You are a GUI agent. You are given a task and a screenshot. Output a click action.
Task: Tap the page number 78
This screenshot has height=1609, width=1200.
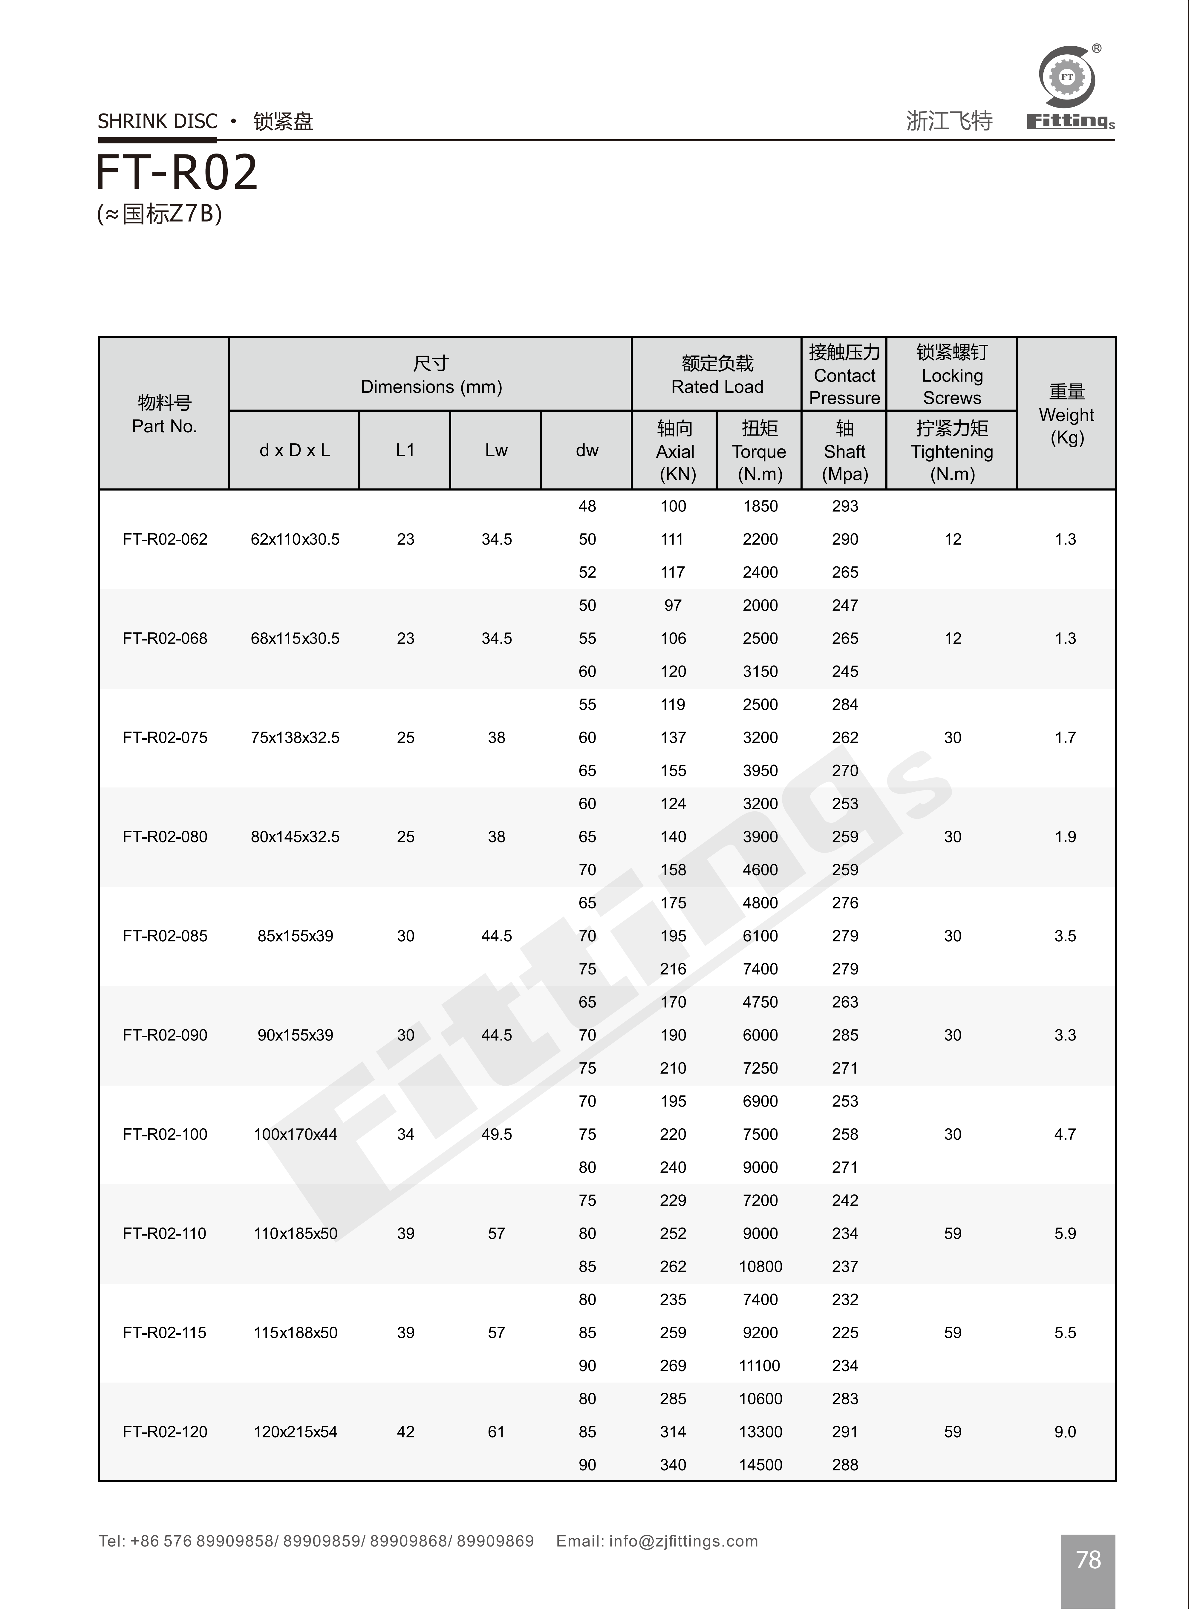[1087, 1559]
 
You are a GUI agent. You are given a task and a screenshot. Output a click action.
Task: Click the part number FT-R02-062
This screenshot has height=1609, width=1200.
[165, 540]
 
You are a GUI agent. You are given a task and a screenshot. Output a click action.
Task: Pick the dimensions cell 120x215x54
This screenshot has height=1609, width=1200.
[295, 1432]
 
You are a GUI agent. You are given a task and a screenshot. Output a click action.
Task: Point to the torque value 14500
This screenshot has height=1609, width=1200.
[760, 1464]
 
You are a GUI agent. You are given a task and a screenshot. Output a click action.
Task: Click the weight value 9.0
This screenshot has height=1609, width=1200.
[1065, 1432]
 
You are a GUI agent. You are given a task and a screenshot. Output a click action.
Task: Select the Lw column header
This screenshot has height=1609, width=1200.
[496, 450]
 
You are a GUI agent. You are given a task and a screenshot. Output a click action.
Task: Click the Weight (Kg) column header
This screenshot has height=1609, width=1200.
[1066, 415]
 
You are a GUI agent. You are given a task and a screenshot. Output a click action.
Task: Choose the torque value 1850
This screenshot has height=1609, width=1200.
[760, 506]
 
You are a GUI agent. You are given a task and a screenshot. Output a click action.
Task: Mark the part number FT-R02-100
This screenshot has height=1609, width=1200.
[165, 1134]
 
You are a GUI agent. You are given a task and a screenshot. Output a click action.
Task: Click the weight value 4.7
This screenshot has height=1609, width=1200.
[1065, 1134]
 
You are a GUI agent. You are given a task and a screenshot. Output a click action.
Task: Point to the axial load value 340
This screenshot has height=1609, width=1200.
[673, 1464]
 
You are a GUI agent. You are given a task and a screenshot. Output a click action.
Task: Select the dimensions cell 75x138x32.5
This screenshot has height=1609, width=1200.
[295, 738]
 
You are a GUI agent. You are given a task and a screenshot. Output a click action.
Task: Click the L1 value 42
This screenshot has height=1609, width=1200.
[405, 1432]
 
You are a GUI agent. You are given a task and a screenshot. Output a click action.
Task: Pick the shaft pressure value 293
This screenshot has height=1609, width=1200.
[845, 506]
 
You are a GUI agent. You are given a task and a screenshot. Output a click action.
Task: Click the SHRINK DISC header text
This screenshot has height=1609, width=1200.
[158, 121]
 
